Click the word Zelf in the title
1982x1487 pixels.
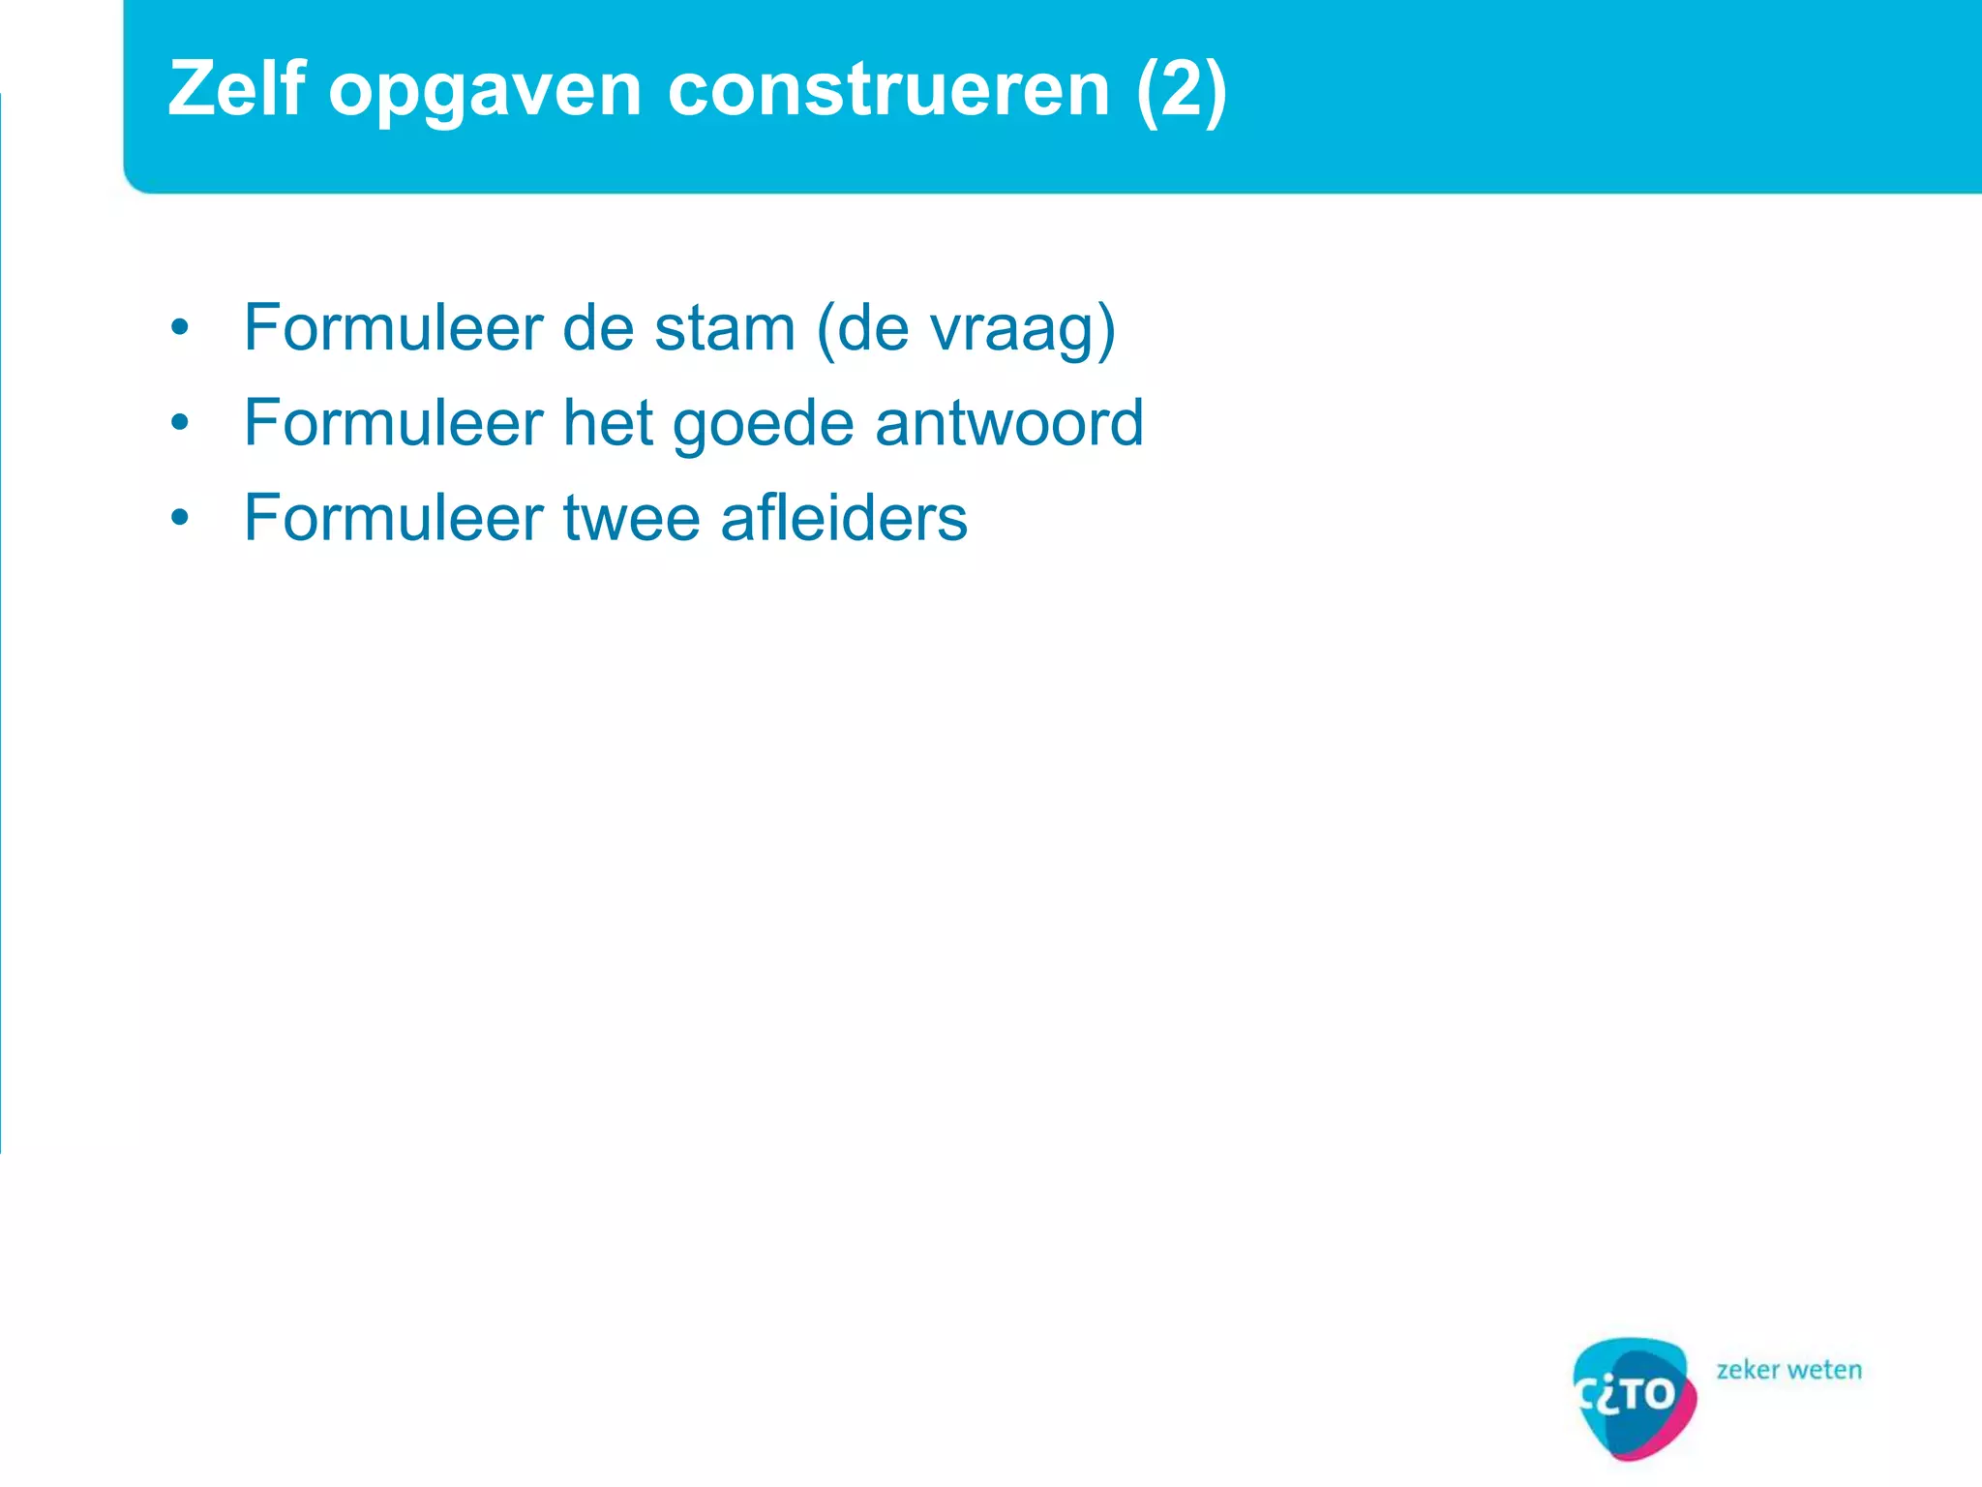click(237, 89)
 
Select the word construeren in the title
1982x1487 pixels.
click(888, 89)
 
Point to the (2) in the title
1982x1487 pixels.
click(1182, 90)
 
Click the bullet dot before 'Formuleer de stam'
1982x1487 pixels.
click(179, 328)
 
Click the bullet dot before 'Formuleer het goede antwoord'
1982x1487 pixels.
click(179, 423)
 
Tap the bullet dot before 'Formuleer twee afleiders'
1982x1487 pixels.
click(179, 518)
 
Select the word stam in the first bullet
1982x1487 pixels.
click(724, 328)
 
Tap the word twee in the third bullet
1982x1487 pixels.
click(631, 518)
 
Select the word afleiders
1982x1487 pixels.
click(844, 518)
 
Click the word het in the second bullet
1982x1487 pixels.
click(608, 423)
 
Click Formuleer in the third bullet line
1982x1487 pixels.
click(393, 518)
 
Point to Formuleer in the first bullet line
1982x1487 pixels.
click(393, 328)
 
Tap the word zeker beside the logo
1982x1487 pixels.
click(1748, 1370)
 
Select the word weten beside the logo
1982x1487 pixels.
click(1825, 1370)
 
